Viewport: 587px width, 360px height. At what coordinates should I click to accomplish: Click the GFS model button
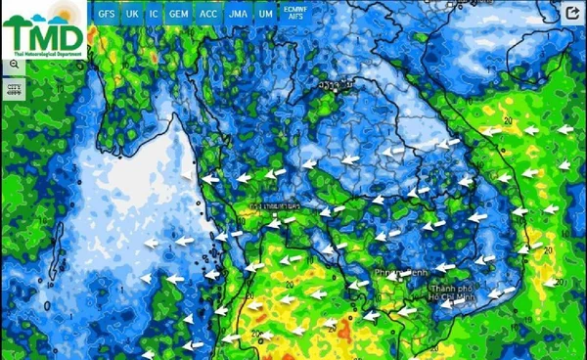(107, 14)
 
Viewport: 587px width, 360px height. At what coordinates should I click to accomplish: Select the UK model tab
(132, 14)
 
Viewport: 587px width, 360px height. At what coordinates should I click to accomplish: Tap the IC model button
(155, 14)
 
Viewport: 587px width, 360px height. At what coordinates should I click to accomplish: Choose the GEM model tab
(179, 14)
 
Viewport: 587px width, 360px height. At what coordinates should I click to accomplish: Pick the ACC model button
(208, 14)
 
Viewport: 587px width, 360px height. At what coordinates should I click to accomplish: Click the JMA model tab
(238, 14)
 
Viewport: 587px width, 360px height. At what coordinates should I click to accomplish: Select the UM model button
(265, 14)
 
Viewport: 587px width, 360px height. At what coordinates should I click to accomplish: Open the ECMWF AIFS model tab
(293, 13)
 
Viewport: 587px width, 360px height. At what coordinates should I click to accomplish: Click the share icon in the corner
(572, 13)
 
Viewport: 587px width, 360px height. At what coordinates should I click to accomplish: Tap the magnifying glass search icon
(15, 64)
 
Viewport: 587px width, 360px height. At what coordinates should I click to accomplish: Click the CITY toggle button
(15, 88)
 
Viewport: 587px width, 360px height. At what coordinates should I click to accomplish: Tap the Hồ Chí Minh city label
(453, 293)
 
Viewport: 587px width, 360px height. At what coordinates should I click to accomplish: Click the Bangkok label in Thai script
(275, 207)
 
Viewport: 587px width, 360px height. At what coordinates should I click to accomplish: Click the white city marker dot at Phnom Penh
(398, 276)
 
